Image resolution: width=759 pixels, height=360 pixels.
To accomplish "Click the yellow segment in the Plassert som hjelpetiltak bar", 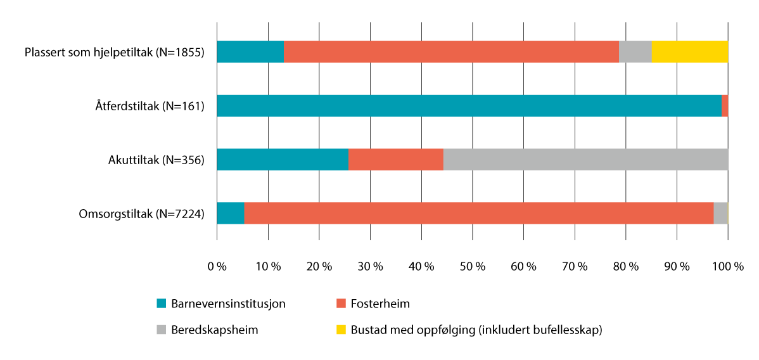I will (689, 52).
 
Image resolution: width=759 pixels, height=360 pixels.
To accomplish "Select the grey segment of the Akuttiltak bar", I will (585, 160).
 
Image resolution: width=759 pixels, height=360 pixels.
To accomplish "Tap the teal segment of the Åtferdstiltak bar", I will (469, 106).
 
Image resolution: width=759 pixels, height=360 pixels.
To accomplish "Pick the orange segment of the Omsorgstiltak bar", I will (478, 214).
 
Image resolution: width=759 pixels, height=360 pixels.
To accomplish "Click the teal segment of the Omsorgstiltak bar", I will (231, 214).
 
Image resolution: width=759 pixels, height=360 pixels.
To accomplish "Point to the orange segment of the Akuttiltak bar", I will (395, 160).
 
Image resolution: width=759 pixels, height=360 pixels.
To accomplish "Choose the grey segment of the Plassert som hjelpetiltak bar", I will (635, 52).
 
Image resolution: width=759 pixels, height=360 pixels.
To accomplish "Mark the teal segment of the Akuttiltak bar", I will (283, 160).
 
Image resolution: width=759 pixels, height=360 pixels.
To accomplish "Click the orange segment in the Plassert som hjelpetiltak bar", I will (451, 52).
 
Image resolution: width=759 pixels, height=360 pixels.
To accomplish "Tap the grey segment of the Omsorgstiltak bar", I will (720, 214).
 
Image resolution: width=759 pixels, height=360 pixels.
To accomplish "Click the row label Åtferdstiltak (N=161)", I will (145, 106).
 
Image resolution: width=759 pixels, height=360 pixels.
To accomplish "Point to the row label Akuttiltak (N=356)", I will (156, 160).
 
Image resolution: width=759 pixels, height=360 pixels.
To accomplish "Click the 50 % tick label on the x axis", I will (472, 267).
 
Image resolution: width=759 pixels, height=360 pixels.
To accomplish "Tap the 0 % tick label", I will (217, 267).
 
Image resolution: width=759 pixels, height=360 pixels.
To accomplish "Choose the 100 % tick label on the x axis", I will (728, 267).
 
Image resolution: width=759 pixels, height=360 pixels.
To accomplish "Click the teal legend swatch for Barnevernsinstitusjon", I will (162, 304).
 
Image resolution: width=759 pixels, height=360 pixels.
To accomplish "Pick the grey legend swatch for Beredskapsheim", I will (162, 330).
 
